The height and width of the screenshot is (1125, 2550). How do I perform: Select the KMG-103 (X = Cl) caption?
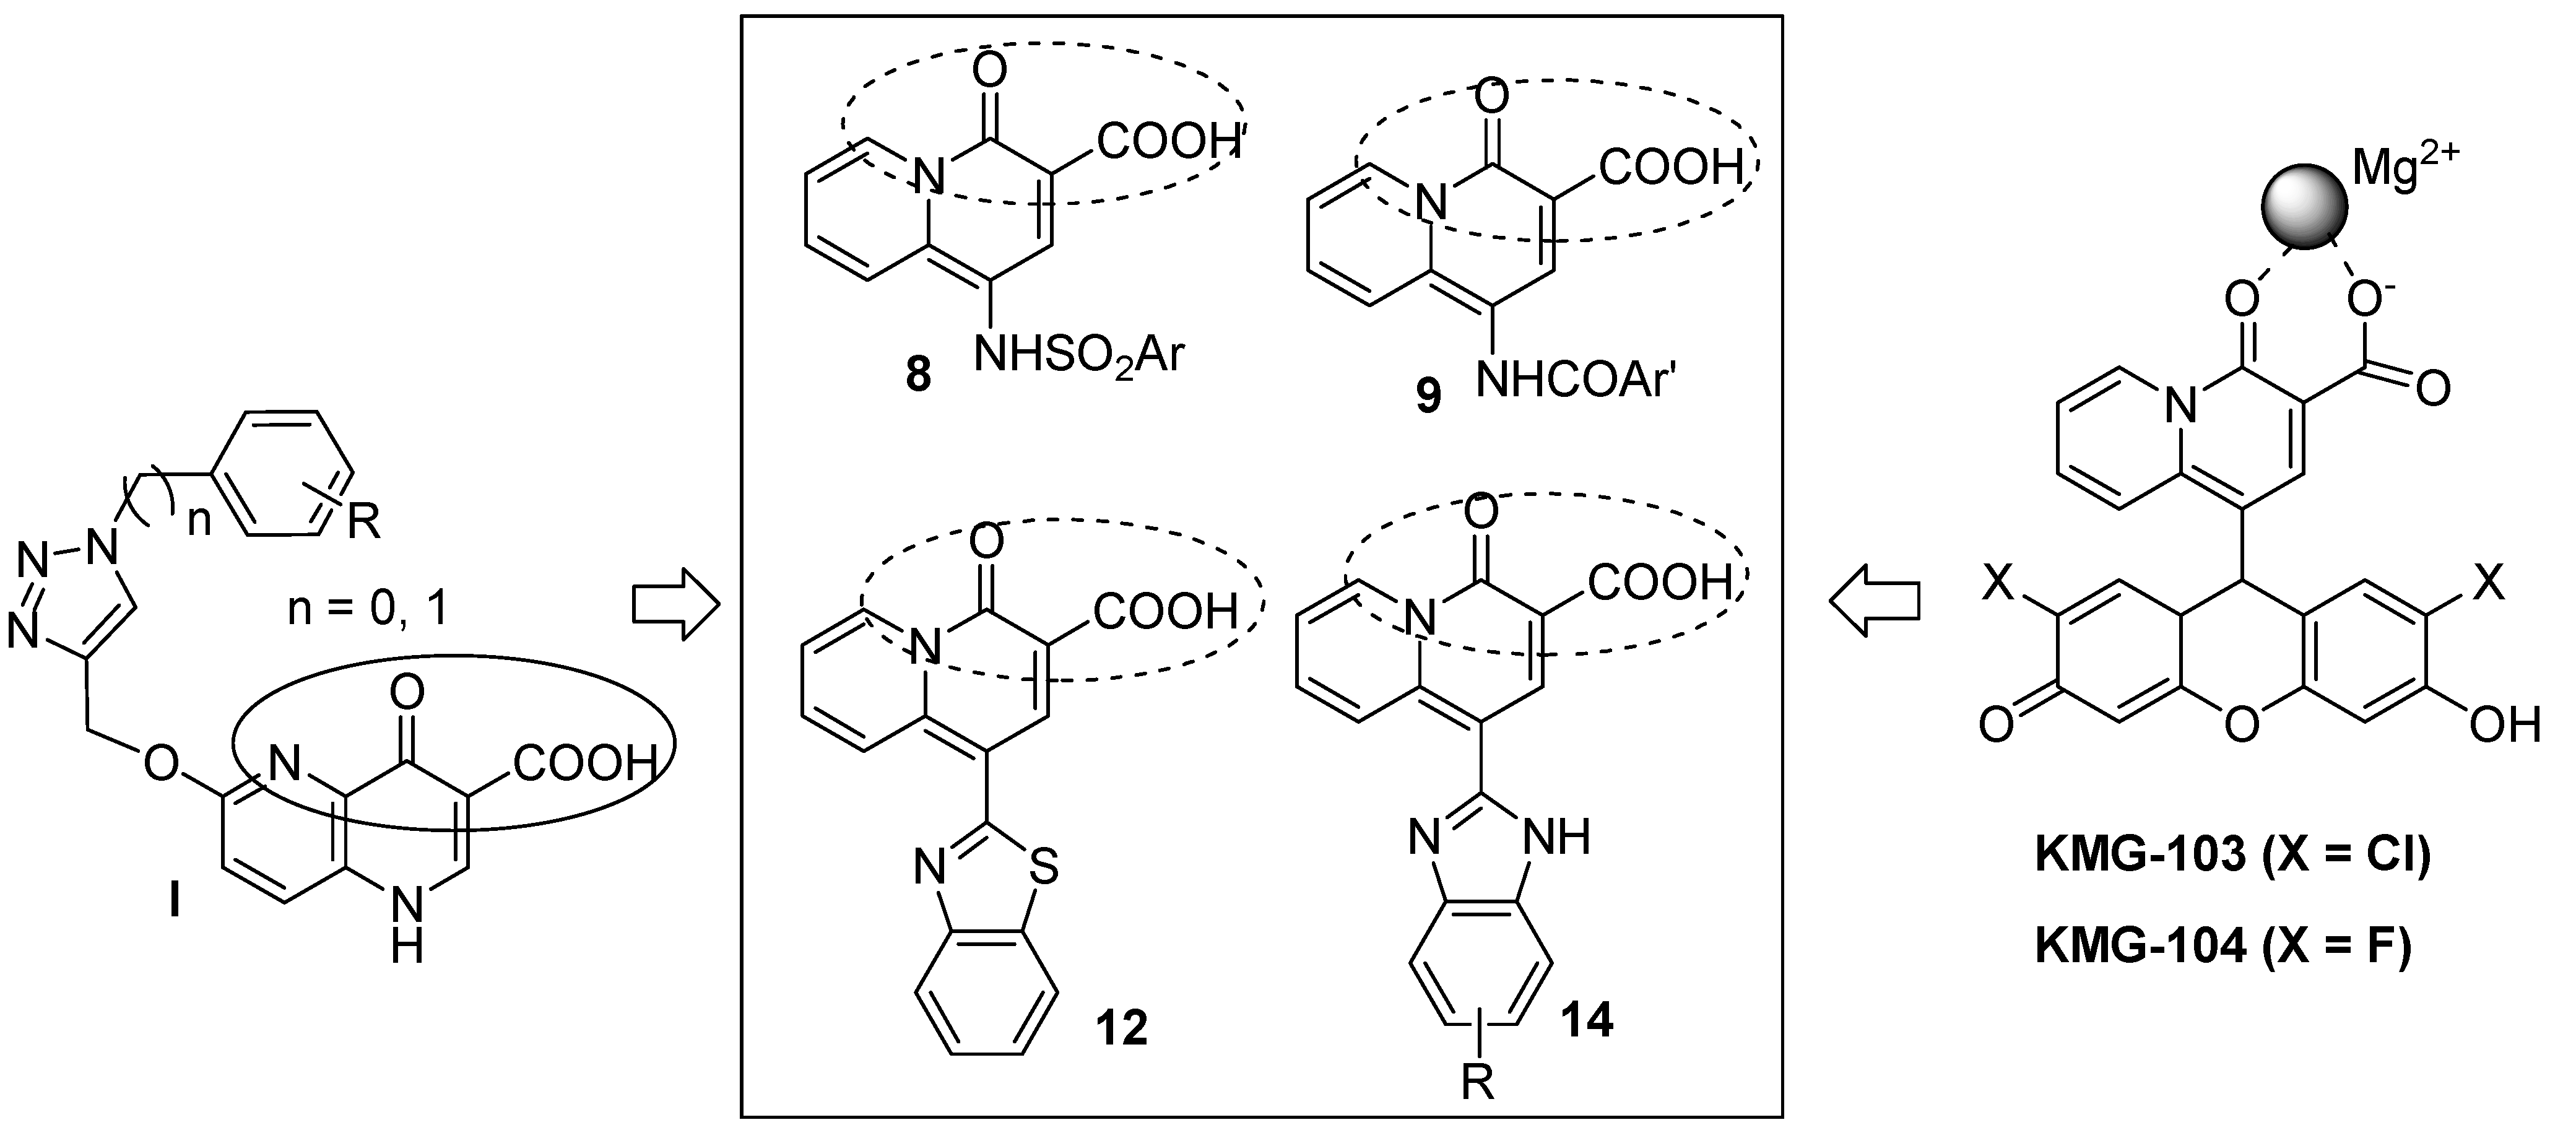tap(2232, 854)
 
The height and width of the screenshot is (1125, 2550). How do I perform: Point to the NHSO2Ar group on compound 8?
tap(1079, 354)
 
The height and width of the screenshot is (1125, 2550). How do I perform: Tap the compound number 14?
tap(1586, 1019)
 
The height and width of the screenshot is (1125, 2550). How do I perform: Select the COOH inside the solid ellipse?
tap(584, 763)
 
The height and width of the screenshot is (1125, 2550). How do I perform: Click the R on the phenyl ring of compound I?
tap(363, 521)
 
